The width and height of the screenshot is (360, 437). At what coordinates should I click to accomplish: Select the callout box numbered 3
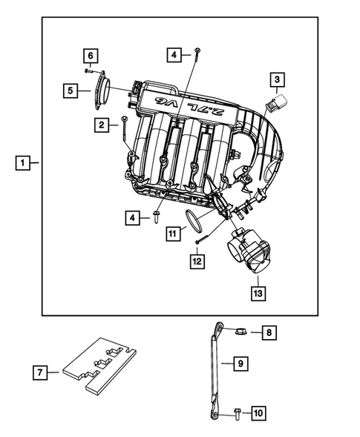click(x=276, y=79)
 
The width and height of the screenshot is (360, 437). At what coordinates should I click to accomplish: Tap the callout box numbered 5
click(x=71, y=91)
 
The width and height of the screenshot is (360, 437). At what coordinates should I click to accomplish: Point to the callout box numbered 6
click(x=89, y=56)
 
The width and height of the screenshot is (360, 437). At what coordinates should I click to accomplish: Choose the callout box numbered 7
click(x=42, y=372)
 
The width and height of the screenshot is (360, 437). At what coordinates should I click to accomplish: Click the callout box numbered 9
click(x=240, y=364)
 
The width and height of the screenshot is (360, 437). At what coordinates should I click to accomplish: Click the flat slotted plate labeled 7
click(x=99, y=366)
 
